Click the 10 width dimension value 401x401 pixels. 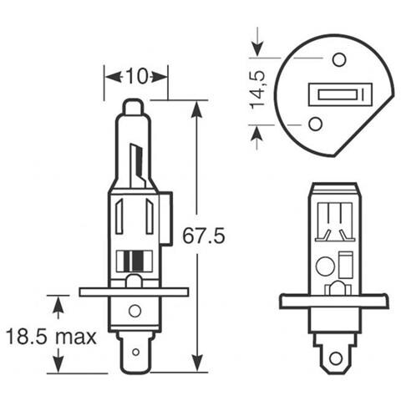click(x=135, y=76)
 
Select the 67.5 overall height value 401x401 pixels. click(x=204, y=236)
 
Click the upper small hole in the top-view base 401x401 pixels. click(x=338, y=59)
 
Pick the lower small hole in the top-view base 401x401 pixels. click(x=315, y=124)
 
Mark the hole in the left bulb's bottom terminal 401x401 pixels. click(x=135, y=312)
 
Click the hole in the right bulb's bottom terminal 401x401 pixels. click(x=334, y=358)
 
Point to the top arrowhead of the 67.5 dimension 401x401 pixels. click(x=197, y=107)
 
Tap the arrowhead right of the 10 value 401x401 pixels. click(x=162, y=76)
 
